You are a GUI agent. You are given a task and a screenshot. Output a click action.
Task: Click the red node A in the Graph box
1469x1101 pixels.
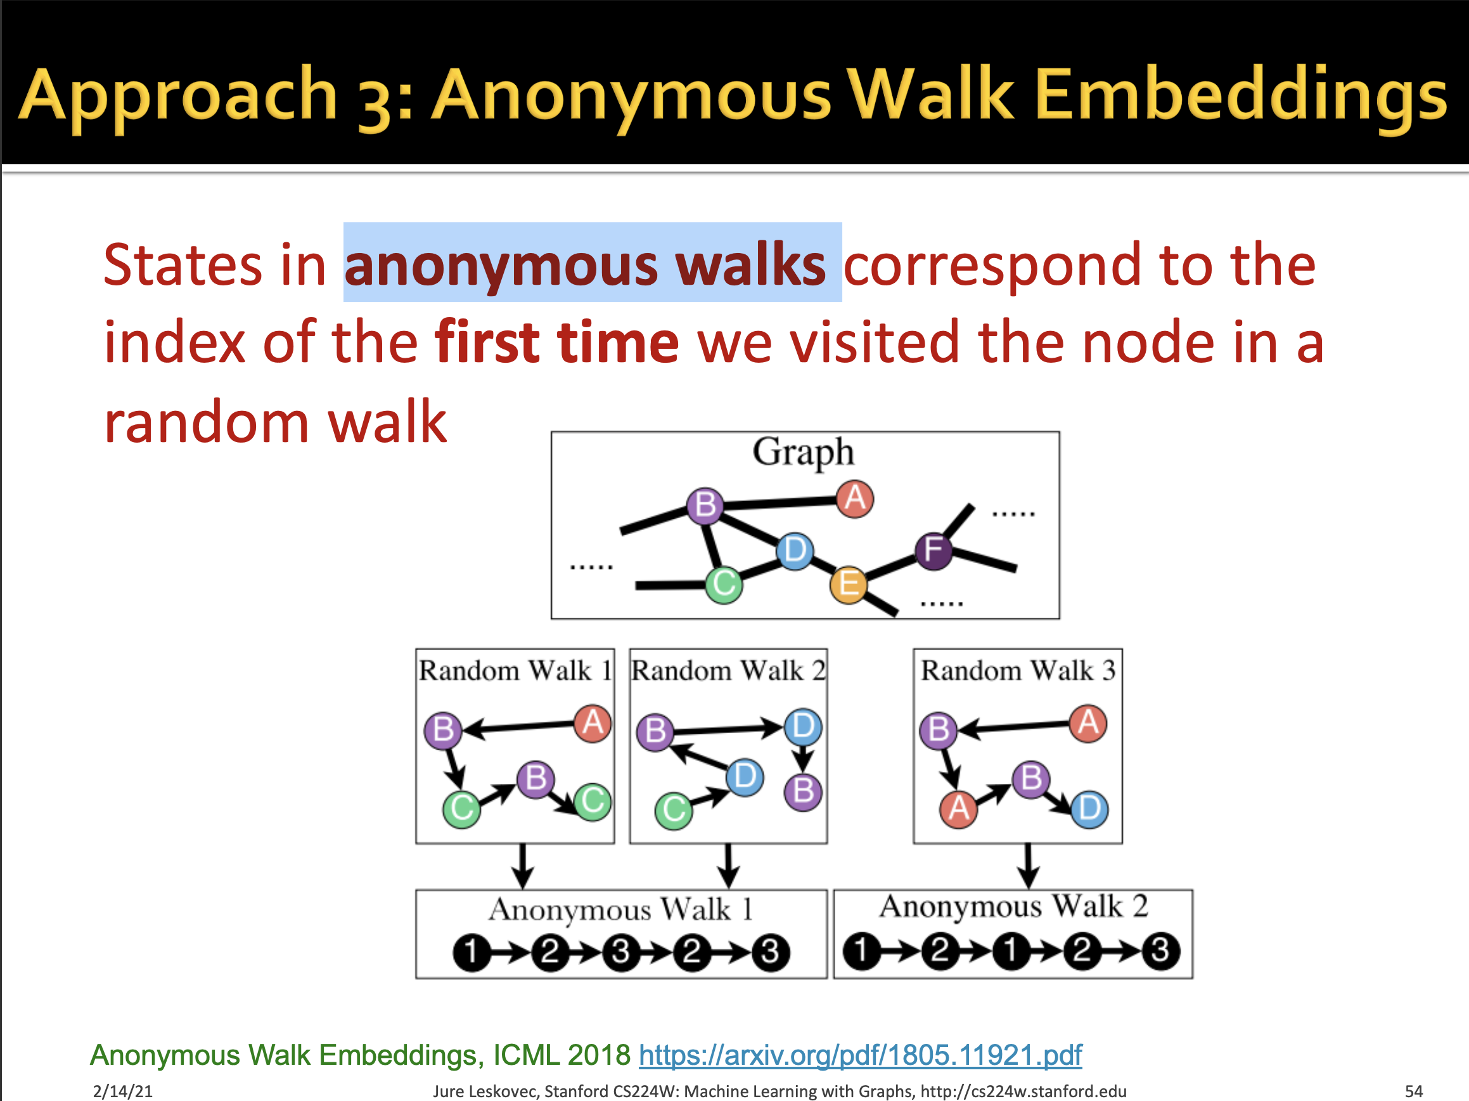[x=855, y=498]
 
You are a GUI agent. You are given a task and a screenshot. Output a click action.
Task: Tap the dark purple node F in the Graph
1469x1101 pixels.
[x=933, y=551]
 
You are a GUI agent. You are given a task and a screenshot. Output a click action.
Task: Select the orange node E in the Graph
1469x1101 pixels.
[x=849, y=585]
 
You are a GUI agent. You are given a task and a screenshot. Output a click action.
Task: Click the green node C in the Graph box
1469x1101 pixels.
[x=724, y=585]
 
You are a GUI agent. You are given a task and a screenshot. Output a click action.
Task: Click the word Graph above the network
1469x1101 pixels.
[x=803, y=452]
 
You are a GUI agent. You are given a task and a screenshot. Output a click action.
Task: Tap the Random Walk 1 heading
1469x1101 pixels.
[x=515, y=670]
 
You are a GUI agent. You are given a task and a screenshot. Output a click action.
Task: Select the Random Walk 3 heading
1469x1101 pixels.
[x=1017, y=670]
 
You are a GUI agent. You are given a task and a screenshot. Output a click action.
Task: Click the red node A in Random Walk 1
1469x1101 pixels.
[x=593, y=723]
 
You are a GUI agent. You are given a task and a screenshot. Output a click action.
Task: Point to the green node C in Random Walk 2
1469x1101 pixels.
[x=674, y=810]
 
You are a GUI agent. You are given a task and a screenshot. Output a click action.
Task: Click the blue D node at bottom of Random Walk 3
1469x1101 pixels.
[x=1089, y=809]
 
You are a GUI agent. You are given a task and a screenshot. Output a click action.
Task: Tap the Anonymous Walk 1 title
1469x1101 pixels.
[x=621, y=909]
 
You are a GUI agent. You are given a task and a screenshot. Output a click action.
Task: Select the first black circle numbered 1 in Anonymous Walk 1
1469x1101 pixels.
[x=471, y=952]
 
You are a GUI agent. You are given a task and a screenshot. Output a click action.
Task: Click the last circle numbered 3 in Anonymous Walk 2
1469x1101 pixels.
[x=1160, y=951]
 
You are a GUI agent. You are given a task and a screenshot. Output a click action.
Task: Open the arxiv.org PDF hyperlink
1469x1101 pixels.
[x=860, y=1055]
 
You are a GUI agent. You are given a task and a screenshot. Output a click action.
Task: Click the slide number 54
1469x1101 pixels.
[x=1413, y=1091]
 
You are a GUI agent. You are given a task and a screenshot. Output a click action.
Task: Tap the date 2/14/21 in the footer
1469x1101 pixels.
[x=123, y=1091]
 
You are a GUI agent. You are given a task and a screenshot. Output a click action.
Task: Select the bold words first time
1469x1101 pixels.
[x=556, y=343]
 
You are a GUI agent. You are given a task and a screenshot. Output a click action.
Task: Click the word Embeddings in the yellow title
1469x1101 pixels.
[x=1240, y=94]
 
